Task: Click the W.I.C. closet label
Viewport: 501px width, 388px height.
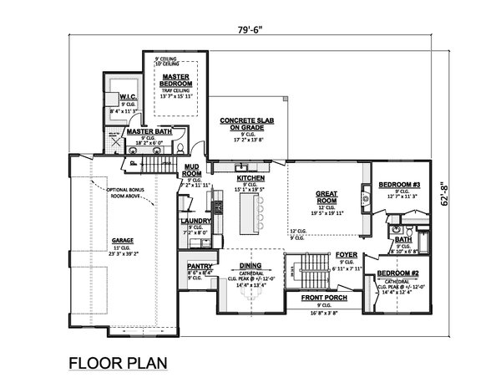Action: pos(116,95)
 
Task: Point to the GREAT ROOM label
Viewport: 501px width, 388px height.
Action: pos(326,197)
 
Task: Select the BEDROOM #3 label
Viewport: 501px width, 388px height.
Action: pos(398,185)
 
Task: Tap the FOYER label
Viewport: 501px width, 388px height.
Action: pos(346,254)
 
